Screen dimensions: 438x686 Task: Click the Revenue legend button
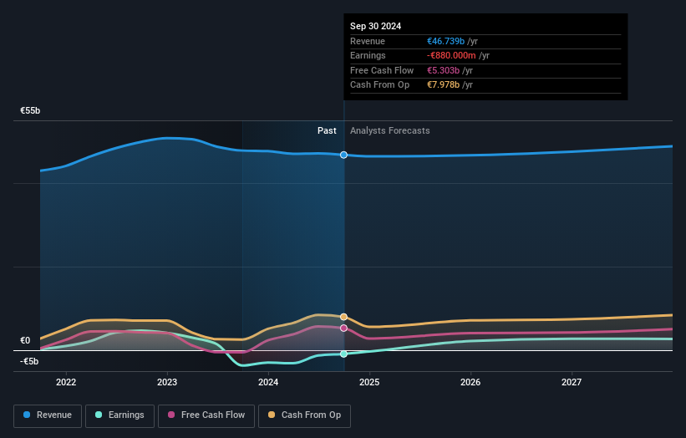click(x=48, y=415)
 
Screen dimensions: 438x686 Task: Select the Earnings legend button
click(x=119, y=415)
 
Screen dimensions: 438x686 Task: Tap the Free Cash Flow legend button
click(x=206, y=415)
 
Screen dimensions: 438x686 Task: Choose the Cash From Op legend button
click(x=304, y=415)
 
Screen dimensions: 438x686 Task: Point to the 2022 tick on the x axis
click(x=66, y=382)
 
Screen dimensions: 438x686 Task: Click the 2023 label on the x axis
click(x=167, y=382)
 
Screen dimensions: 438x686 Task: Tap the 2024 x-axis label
click(x=268, y=382)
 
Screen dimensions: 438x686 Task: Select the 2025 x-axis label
click(x=369, y=382)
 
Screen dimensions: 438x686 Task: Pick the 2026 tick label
click(x=470, y=382)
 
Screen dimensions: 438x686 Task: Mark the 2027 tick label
click(x=572, y=382)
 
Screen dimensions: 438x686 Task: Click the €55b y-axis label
click(x=31, y=110)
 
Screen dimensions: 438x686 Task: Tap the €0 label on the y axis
click(x=25, y=341)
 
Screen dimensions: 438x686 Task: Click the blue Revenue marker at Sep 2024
click(x=343, y=155)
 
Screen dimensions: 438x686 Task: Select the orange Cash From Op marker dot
click(x=343, y=317)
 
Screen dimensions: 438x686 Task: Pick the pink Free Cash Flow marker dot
click(x=343, y=328)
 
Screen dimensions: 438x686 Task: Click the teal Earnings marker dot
click(x=343, y=354)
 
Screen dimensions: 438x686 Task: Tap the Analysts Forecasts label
click(x=390, y=130)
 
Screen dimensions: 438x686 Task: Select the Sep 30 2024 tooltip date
click(x=375, y=26)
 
